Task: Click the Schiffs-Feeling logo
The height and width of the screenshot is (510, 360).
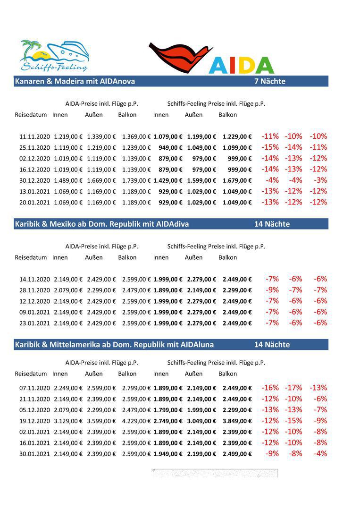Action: pyautogui.click(x=54, y=56)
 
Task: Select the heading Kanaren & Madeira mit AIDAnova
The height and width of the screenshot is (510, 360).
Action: pyautogui.click(x=75, y=81)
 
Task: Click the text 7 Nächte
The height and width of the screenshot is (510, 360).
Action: pyautogui.click(x=270, y=81)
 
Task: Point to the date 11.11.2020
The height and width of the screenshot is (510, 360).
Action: pyautogui.click(x=34, y=136)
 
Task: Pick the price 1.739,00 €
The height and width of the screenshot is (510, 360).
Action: pyautogui.click(x=136, y=180)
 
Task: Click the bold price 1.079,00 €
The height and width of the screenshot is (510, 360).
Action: pyautogui.click(x=167, y=136)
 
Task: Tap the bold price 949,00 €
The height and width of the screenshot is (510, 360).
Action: pyautogui.click(x=171, y=148)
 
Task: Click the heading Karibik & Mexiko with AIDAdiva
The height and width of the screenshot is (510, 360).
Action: pyautogui.click(x=102, y=224)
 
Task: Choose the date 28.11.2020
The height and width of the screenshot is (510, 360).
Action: pyautogui.click(x=34, y=290)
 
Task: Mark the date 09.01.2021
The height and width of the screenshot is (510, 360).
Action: pyautogui.click(x=34, y=312)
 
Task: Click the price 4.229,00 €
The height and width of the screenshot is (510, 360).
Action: pyautogui.click(x=136, y=421)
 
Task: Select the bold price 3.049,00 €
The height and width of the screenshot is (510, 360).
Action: pyautogui.click(x=201, y=421)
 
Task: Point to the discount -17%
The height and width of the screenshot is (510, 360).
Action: pyautogui.click(x=293, y=388)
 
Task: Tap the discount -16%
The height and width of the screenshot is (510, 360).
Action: pyautogui.click(x=270, y=388)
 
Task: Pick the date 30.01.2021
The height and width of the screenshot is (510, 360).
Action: pyautogui.click(x=34, y=454)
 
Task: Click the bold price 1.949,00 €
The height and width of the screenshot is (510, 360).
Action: pyautogui.click(x=167, y=454)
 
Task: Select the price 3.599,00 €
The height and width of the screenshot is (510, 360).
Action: pyautogui.click(x=101, y=421)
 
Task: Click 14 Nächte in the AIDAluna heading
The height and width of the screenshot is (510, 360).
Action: pyautogui.click(x=272, y=345)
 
